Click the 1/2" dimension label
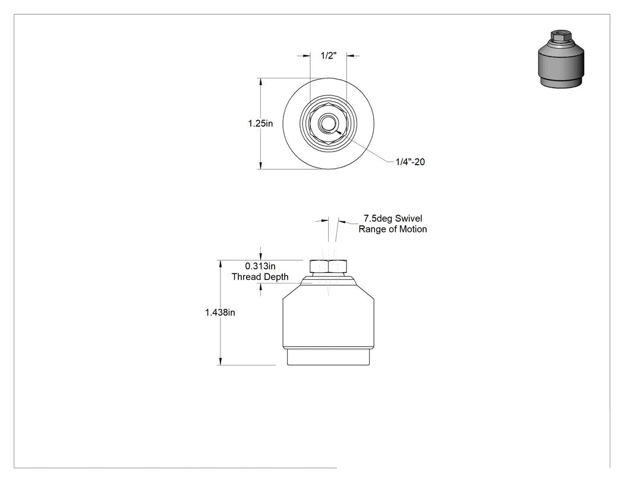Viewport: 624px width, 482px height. (x=328, y=56)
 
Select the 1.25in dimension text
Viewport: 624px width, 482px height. (x=260, y=124)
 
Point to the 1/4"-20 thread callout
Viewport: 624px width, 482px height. (x=410, y=162)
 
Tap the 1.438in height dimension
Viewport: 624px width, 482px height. (x=220, y=313)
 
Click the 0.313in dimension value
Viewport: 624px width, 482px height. (x=260, y=266)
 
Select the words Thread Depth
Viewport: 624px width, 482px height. (x=260, y=276)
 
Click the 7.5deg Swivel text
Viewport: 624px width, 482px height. (x=393, y=218)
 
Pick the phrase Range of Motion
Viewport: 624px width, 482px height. (x=393, y=229)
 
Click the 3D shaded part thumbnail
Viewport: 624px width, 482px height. (x=561, y=59)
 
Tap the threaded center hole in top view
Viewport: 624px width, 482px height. (x=328, y=124)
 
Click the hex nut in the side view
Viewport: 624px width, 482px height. (x=328, y=266)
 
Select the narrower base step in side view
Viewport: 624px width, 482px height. (x=328, y=357)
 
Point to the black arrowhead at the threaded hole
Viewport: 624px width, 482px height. (x=338, y=131)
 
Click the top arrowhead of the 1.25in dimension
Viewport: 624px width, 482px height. (x=261, y=82)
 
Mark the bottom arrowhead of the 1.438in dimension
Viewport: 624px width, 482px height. (x=220, y=361)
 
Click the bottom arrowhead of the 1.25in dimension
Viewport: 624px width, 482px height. (x=261, y=165)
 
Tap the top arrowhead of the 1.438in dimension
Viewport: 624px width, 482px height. (x=220, y=264)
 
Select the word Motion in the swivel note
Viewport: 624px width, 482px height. (x=414, y=229)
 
